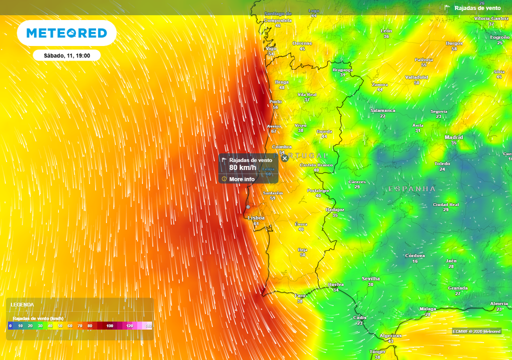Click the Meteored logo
click(x=66, y=33)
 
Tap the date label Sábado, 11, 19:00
click(x=66, y=55)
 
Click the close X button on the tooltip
click(x=284, y=158)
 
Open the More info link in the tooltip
click(x=241, y=179)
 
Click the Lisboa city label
click(x=256, y=218)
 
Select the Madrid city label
click(x=453, y=137)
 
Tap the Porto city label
click(x=275, y=102)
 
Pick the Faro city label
click(x=300, y=295)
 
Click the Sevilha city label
click(x=370, y=278)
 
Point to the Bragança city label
click(x=342, y=70)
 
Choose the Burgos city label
click(x=454, y=43)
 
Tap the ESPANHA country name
click(x=412, y=189)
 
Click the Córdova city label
click(x=415, y=255)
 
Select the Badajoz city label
click(x=335, y=210)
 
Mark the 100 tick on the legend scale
click(x=110, y=326)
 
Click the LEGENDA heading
click(x=22, y=304)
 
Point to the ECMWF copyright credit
click(x=476, y=331)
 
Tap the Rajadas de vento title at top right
click(x=477, y=8)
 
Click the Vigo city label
click(x=271, y=48)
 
